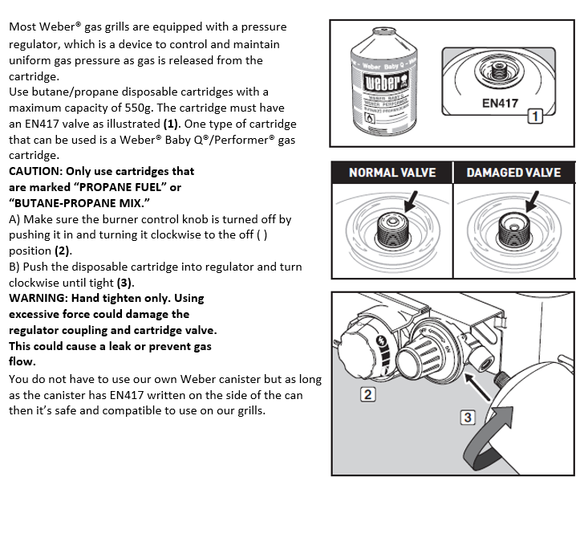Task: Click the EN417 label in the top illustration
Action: (500, 104)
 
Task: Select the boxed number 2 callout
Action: (367, 394)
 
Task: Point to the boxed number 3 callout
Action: (468, 418)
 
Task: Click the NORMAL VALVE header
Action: (392, 173)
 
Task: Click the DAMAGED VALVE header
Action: (513, 173)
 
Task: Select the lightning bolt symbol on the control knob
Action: (382, 340)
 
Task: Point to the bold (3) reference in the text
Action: (124, 283)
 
